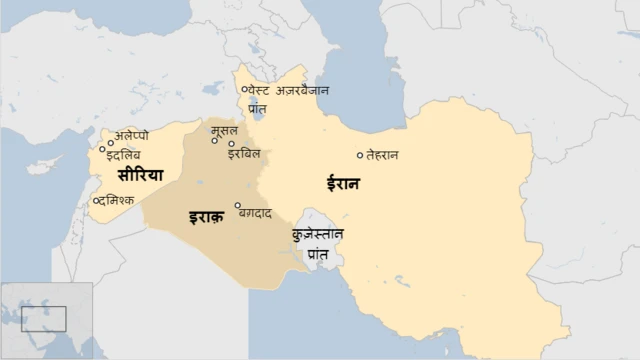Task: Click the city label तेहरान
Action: [x=383, y=155]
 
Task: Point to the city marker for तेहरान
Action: [x=360, y=155]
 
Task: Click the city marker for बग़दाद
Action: [x=238, y=206]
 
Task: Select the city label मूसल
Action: [x=224, y=130]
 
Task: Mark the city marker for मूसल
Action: [x=214, y=140]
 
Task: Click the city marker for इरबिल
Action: [x=231, y=144]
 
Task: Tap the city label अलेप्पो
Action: [x=133, y=135]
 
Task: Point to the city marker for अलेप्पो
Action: [x=110, y=143]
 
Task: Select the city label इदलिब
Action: [x=124, y=154]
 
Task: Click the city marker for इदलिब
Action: [x=102, y=149]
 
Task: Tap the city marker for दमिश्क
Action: [x=96, y=201]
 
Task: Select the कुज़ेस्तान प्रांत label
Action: [x=318, y=243]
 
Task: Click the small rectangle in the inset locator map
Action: [x=43, y=319]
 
